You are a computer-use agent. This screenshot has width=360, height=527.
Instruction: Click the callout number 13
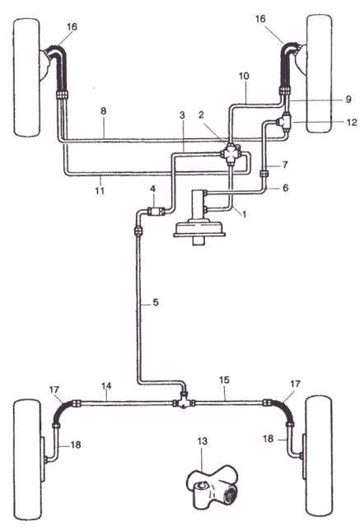pos(203,441)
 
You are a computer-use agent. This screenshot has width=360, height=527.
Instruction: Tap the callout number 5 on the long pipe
pos(156,302)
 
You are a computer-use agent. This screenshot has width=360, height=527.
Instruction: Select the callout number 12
pos(352,123)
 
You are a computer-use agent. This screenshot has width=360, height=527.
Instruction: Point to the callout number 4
pos(153,189)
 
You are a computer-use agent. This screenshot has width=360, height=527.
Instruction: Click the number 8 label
pos(103,111)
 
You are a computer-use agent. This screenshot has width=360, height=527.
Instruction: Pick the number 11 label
pos(100,191)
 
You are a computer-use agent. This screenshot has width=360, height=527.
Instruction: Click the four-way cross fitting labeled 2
pos(231,154)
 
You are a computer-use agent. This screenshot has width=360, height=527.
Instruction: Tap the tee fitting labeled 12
pos(284,122)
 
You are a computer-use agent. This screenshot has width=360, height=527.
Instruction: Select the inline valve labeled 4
pos(157,212)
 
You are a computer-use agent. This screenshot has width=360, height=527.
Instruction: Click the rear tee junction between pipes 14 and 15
pos(184,401)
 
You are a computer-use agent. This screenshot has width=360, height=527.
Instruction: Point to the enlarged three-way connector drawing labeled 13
pos(213,486)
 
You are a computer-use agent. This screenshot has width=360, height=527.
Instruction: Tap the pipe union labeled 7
pos(264,174)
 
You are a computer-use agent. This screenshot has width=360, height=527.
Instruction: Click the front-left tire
pos(26,77)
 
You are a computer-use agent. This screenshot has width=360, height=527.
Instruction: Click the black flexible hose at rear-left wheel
pos(63,411)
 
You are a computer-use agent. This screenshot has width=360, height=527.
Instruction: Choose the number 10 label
pos(244,76)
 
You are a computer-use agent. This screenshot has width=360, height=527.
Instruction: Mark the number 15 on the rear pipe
pos(224,380)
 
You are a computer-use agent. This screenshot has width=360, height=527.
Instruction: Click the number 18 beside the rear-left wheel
pos(76,445)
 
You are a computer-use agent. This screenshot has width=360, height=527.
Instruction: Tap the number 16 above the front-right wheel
pos(260,19)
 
